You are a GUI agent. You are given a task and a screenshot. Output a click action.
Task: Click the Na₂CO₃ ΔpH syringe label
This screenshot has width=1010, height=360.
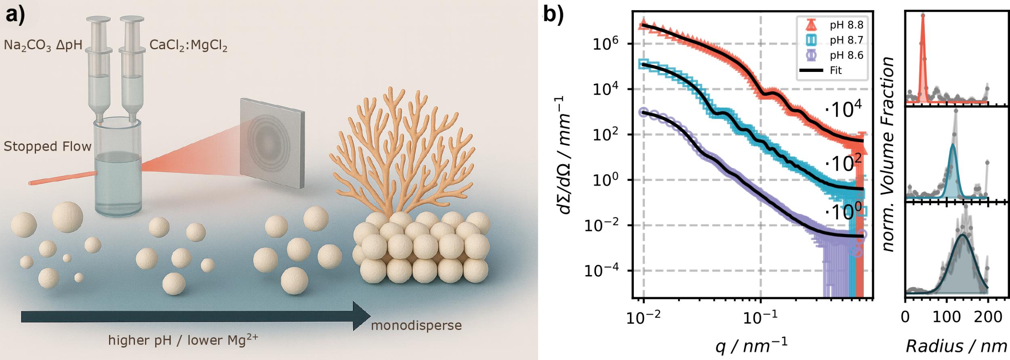pos(43,45)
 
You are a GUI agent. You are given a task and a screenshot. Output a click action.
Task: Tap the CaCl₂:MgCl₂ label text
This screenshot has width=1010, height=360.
pos(188,45)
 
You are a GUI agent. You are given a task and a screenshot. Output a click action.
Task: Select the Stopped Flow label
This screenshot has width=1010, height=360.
pos(48,146)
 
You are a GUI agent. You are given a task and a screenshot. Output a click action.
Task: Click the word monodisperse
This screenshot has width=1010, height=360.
pos(416,325)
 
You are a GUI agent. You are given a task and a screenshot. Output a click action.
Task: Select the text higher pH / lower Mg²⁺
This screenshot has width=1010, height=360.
pos(183,340)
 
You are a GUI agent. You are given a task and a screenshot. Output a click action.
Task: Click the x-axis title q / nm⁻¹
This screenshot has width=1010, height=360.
pos(751,346)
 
